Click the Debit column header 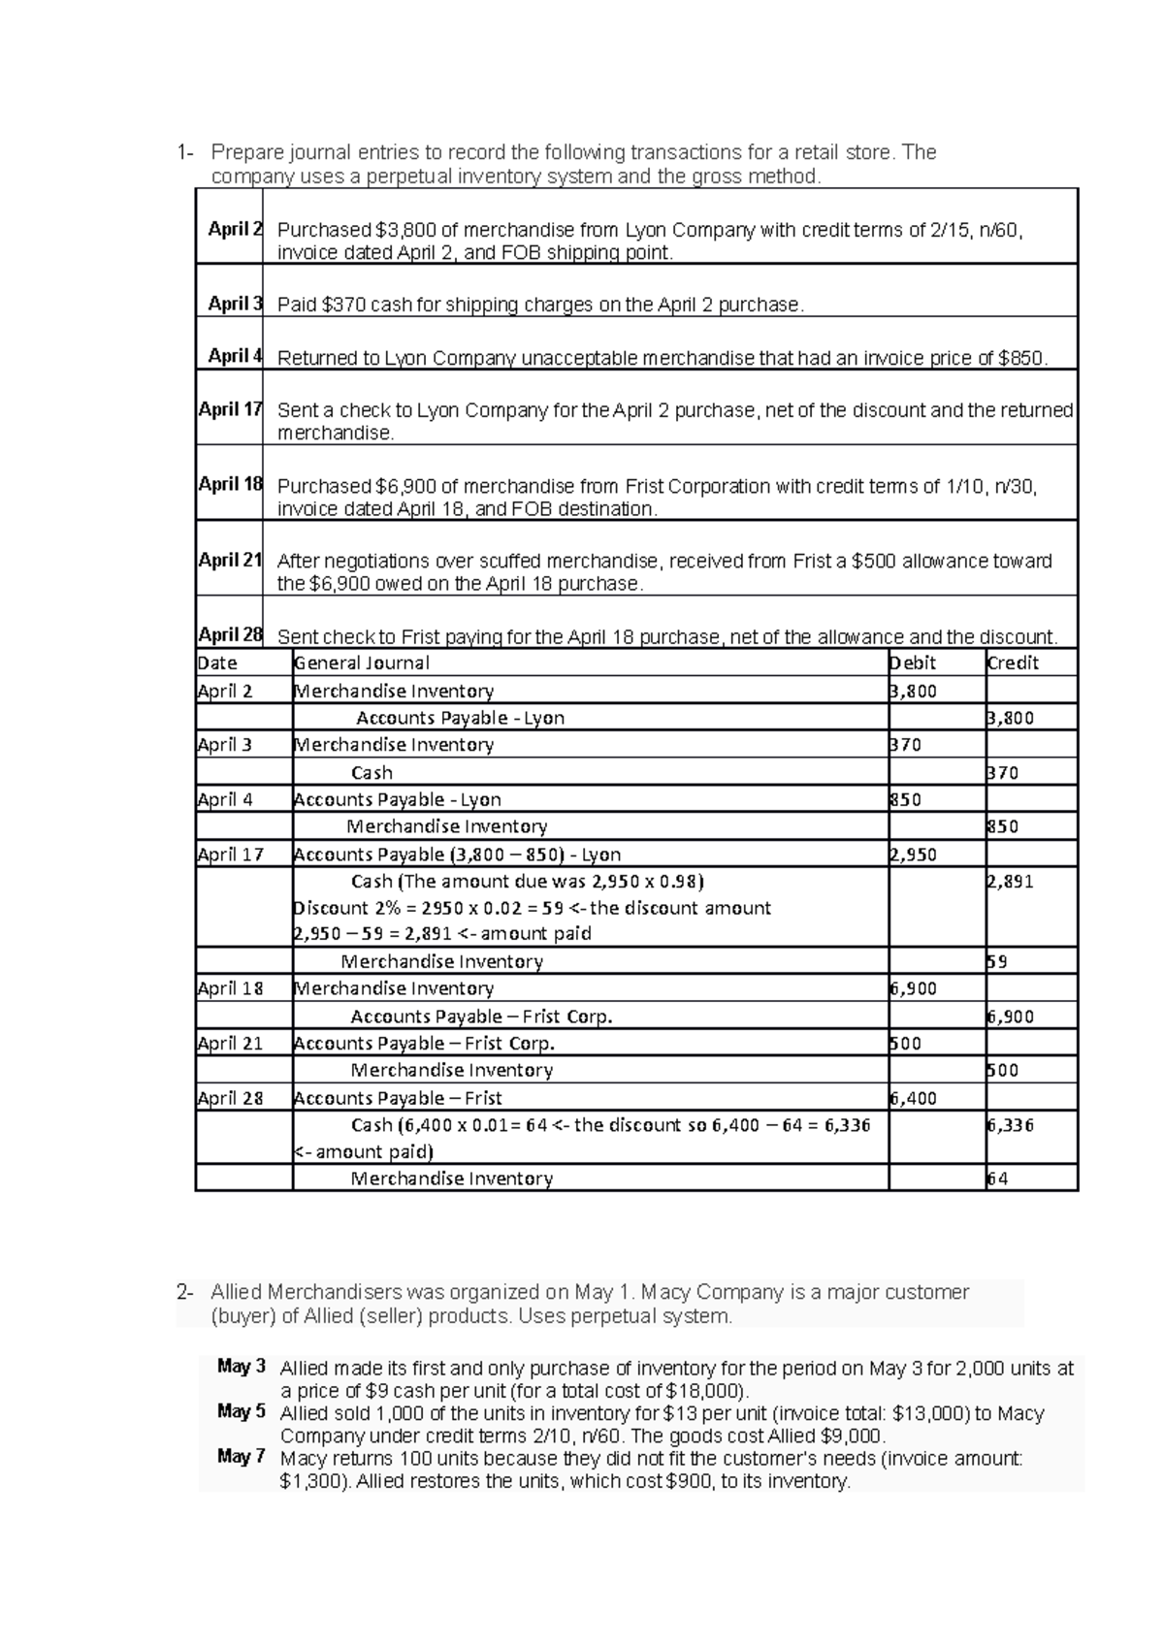(x=913, y=662)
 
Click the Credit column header (x=1012, y=662)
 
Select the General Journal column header (x=362, y=662)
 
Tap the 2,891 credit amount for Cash (x=1010, y=882)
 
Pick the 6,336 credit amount (x=1010, y=1125)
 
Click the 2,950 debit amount (x=913, y=855)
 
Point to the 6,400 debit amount (x=913, y=1098)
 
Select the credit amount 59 (x=997, y=962)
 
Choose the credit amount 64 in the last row (x=997, y=1179)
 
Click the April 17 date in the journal (x=230, y=855)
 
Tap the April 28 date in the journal (x=230, y=1098)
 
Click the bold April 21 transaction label (x=230, y=560)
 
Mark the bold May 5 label (x=242, y=1411)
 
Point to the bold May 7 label (x=242, y=1456)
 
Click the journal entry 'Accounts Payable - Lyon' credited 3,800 (x=460, y=718)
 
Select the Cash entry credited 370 (x=372, y=773)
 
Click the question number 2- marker (x=184, y=1293)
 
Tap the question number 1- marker (x=184, y=152)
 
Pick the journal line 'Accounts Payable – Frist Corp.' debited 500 (x=424, y=1044)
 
